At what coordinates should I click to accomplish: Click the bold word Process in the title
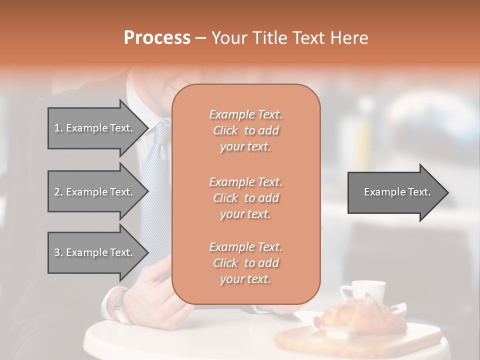click(157, 38)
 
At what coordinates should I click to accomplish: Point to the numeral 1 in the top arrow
click(56, 128)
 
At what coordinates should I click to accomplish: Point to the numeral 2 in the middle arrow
click(56, 192)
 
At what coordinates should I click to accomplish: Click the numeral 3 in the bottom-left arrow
click(56, 252)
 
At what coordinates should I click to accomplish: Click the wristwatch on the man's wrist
click(120, 305)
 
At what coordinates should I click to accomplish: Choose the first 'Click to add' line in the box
click(246, 131)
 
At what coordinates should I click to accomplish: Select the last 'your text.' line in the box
click(245, 279)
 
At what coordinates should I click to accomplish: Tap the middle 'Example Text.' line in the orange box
click(245, 181)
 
